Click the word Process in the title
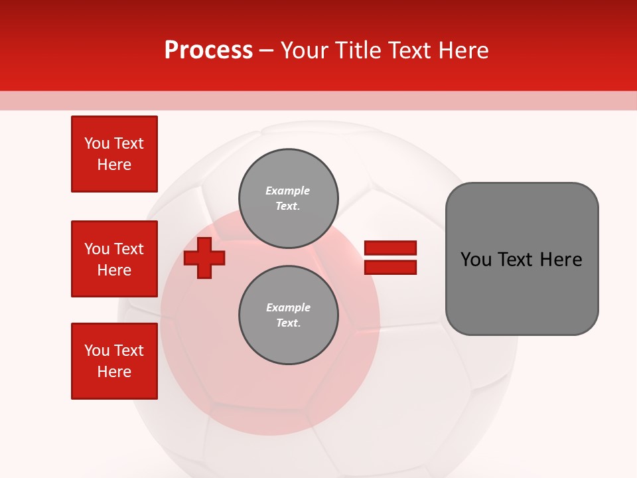pyautogui.click(x=208, y=50)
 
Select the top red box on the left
pyautogui.click(x=114, y=154)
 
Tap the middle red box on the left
pyautogui.click(x=114, y=259)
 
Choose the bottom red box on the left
pyautogui.click(x=114, y=361)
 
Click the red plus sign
pyautogui.click(x=204, y=258)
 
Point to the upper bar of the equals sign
pyautogui.click(x=390, y=248)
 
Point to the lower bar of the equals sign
pyautogui.click(x=390, y=268)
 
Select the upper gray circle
pyautogui.click(x=288, y=199)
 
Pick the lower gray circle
pyautogui.click(x=288, y=315)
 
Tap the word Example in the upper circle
pyautogui.click(x=287, y=191)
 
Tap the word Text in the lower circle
pyautogui.click(x=287, y=323)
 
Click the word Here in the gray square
pyautogui.click(x=561, y=260)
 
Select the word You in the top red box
pyautogui.click(x=96, y=143)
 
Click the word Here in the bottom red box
pyautogui.click(x=114, y=372)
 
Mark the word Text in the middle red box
pyautogui.click(x=129, y=249)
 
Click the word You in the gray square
pyautogui.click(x=476, y=260)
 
